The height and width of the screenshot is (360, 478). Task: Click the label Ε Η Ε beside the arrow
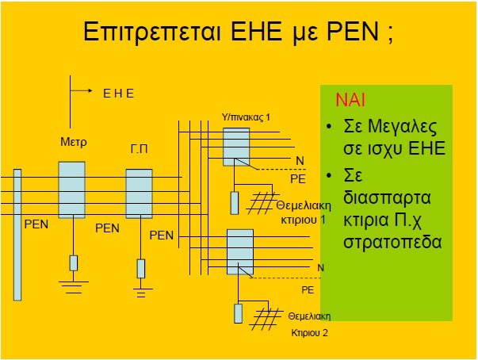pos(119,94)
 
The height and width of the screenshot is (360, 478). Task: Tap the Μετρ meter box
pos(71,190)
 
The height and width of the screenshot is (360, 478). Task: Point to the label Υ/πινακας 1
pos(246,117)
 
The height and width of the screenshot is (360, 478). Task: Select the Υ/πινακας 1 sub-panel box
pos(235,146)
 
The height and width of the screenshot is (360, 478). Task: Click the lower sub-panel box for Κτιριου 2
pos(240,251)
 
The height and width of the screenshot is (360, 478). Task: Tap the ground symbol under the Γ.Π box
pos(141,293)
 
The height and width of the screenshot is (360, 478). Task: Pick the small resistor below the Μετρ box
pos(74,263)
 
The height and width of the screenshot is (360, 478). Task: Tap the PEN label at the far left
pos(36,224)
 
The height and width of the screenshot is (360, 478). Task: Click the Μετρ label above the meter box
pos(74,143)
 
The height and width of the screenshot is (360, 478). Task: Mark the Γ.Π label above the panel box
pos(140,148)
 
